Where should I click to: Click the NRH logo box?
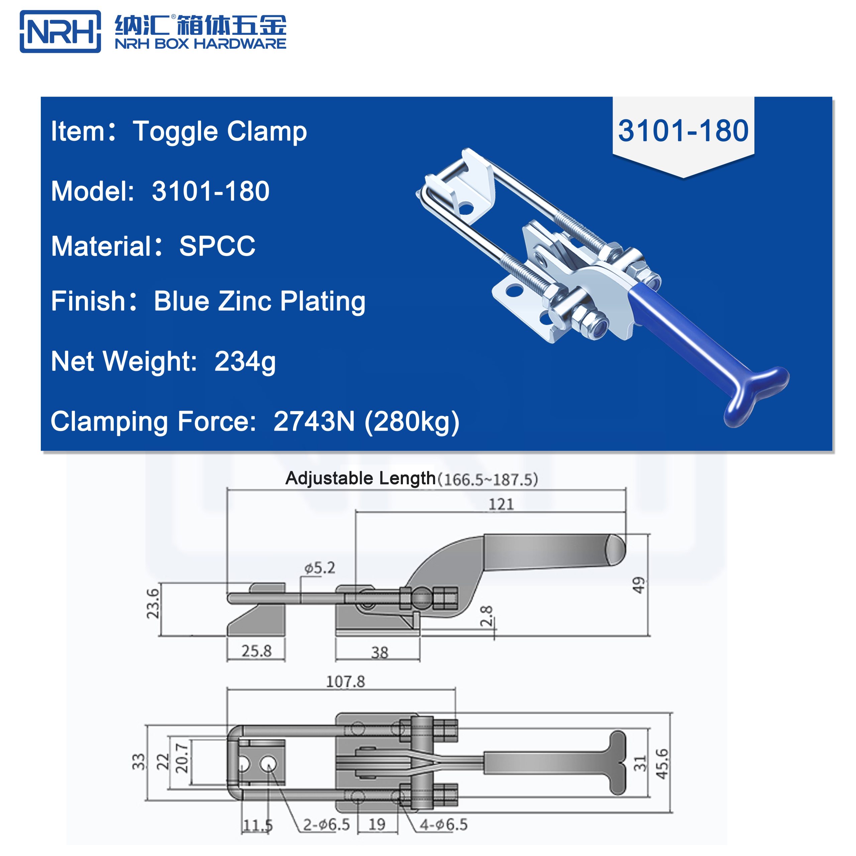tap(60, 31)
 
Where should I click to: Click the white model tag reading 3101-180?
tap(683, 131)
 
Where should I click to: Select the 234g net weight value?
tap(245, 361)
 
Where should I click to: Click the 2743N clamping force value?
tap(314, 421)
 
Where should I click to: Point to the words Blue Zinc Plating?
tap(259, 301)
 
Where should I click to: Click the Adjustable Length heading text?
tap(360, 478)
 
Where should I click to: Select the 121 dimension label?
tap(501, 504)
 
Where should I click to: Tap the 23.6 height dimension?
tap(153, 604)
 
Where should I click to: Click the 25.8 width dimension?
tap(256, 651)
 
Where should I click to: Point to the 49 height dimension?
tap(638, 585)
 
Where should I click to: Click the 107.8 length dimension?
tap(345, 681)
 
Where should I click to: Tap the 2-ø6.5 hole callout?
tap(327, 825)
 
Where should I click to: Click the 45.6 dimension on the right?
tap(661, 764)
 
